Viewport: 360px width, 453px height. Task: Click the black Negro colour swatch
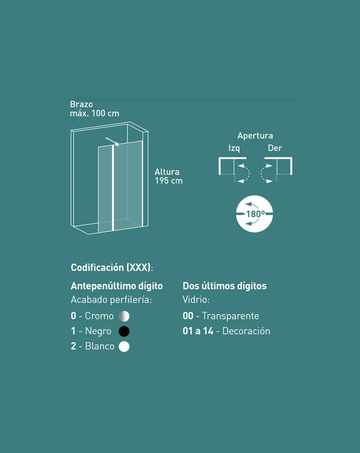click(x=124, y=331)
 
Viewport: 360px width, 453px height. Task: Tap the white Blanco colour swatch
click(x=124, y=346)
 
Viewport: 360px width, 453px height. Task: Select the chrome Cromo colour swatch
click(x=124, y=316)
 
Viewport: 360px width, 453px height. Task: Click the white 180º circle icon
click(x=254, y=214)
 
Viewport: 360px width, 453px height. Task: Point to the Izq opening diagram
click(x=234, y=170)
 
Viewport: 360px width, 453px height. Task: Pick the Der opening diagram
click(x=276, y=170)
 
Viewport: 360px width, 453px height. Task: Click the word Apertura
click(x=255, y=136)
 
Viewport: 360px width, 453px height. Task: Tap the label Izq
click(x=234, y=148)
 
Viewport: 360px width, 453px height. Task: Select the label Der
click(x=274, y=148)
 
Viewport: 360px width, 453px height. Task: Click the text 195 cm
click(x=169, y=181)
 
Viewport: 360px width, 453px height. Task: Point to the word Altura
click(x=167, y=172)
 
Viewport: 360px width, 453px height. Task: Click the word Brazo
click(x=81, y=104)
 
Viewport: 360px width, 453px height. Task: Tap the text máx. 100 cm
click(x=94, y=113)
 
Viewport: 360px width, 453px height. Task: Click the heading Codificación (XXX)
click(x=112, y=267)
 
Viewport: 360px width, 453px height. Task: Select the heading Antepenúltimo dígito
click(x=117, y=286)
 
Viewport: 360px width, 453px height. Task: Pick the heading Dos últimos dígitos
click(x=224, y=286)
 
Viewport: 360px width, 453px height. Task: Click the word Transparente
click(x=230, y=316)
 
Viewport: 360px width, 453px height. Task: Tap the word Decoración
click(x=246, y=331)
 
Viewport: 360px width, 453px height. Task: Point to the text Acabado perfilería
click(x=111, y=300)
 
